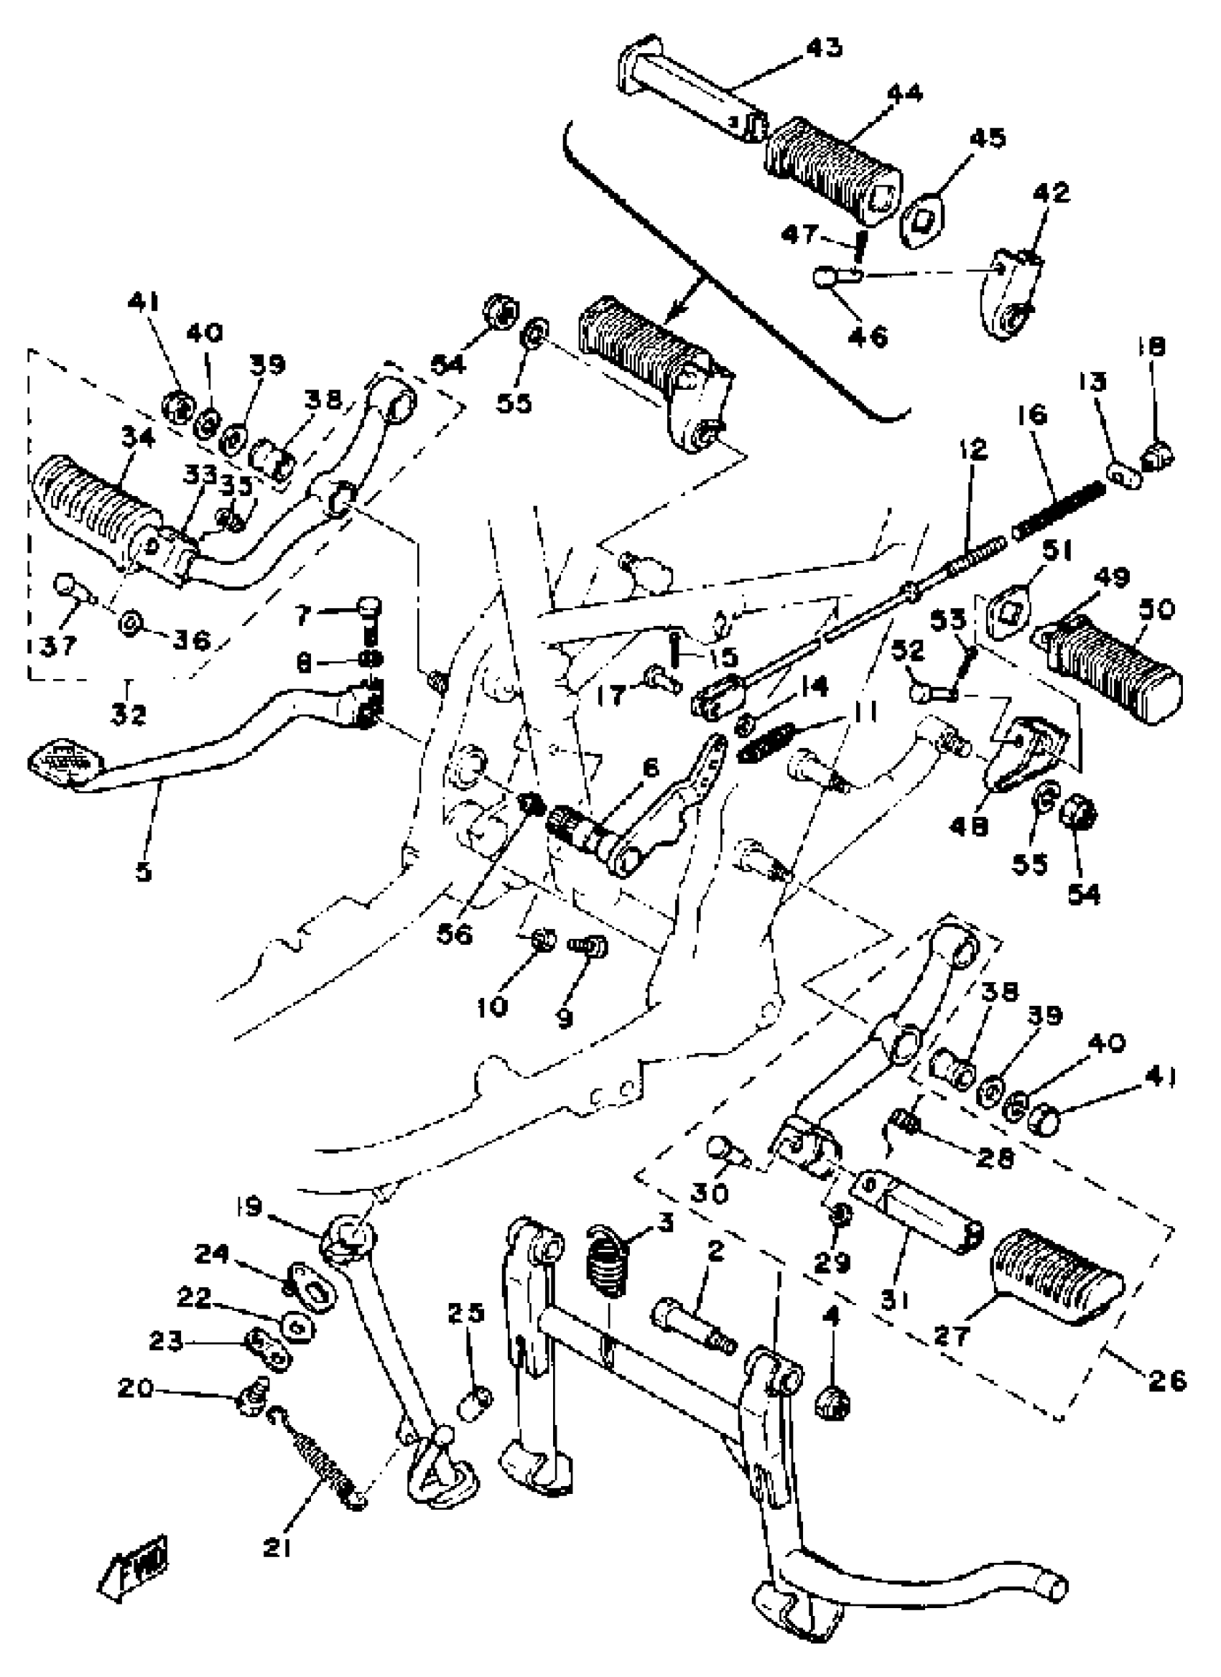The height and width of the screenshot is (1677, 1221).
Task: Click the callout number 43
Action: [823, 48]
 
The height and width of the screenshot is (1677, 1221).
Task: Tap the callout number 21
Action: [277, 1547]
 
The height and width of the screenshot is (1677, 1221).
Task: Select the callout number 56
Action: [453, 935]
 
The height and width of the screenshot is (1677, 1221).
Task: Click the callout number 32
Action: [128, 714]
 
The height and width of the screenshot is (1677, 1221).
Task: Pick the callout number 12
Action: [974, 449]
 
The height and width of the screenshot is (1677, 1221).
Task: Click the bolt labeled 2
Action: [694, 1325]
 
